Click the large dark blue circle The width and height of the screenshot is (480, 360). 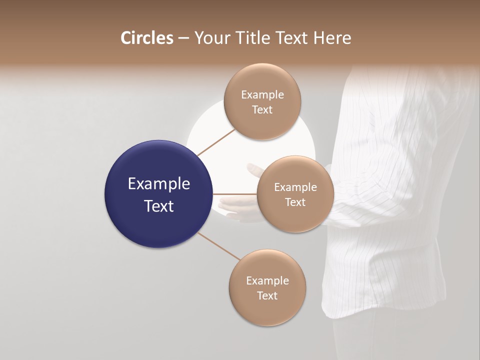coord(158,194)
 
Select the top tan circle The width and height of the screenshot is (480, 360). coord(262,101)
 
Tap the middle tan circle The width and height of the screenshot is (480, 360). coord(295,194)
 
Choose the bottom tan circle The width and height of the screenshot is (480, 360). coord(267,287)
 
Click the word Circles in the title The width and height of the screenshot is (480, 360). coord(146,38)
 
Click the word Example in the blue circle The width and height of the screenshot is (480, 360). coord(158,184)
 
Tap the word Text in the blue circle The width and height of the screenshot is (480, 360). coord(158,206)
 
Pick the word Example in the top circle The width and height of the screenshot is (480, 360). coord(262,95)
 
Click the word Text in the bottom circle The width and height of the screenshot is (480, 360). coord(267,295)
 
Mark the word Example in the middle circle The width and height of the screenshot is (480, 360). coord(295,187)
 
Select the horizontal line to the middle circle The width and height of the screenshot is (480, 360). coord(235,194)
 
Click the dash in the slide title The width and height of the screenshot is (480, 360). coord(183,38)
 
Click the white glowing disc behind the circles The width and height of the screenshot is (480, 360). coord(210,125)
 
